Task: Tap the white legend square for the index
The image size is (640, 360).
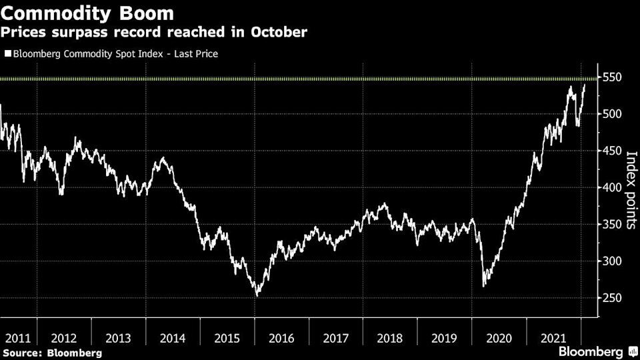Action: point(7,54)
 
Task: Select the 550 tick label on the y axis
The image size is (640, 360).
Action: point(612,77)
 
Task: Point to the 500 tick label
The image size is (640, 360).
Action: point(612,114)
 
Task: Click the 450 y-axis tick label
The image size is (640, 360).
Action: point(612,151)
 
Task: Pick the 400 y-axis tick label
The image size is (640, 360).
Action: point(612,187)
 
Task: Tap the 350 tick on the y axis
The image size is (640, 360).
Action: point(612,224)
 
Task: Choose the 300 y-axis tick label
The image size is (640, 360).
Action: point(612,261)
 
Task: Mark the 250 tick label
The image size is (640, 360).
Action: point(612,297)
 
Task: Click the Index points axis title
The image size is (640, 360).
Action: point(630,190)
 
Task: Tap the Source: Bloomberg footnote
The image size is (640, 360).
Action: point(52,352)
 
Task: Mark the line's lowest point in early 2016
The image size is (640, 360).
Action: point(257,295)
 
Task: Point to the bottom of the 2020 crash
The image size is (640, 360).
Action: point(483,285)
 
